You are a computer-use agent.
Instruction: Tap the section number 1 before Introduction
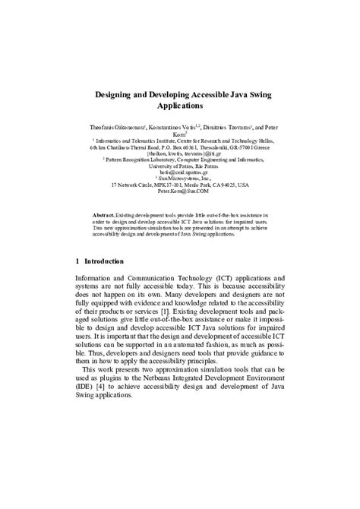(x=78, y=262)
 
